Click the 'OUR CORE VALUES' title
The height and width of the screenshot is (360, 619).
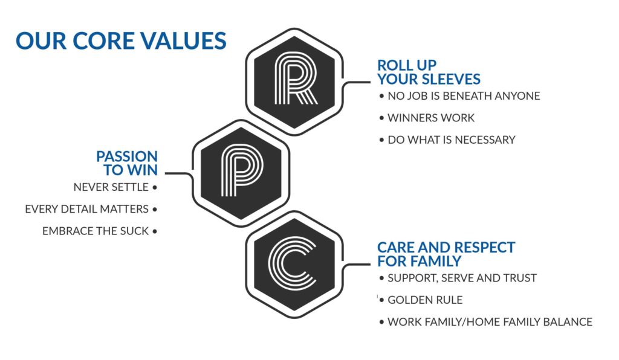coord(121,40)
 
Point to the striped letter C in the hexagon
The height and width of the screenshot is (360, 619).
coord(291,263)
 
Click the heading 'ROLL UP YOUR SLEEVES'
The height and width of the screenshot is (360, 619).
coord(429,72)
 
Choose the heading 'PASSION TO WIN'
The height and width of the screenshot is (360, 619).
coord(127,163)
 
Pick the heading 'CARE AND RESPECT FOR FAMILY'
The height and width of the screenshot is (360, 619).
coord(446,254)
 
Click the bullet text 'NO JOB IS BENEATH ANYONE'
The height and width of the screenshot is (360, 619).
coord(464,96)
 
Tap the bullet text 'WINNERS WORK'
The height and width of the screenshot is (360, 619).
coord(431,118)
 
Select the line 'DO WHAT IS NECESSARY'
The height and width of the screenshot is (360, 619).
coord(452,140)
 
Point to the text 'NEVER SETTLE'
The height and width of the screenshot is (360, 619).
coord(111,187)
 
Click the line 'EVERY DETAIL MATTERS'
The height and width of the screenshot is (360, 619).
coord(87,209)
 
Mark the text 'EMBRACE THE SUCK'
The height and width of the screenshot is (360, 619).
coord(96,231)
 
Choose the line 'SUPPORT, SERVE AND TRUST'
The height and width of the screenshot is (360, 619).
coord(462,278)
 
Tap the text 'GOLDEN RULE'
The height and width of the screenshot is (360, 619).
coord(425,300)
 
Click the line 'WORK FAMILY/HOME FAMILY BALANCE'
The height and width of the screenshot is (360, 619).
coord(490,322)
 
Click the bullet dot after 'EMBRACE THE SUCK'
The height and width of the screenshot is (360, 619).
coord(155,231)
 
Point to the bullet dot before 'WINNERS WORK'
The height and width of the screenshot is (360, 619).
coord(381,118)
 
